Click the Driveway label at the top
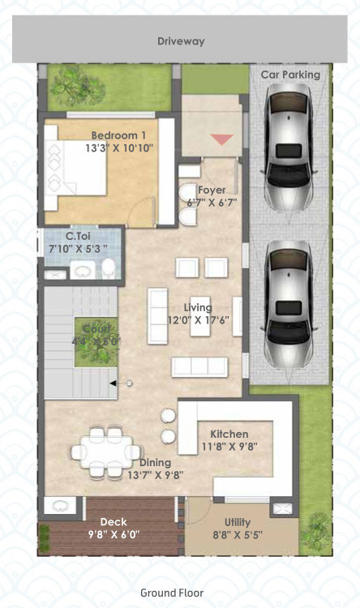click(180, 41)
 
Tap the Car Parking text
click(290, 75)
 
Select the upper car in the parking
click(289, 149)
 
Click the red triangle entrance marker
click(221, 139)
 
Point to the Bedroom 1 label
click(119, 135)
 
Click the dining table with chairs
click(104, 449)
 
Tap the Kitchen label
click(229, 435)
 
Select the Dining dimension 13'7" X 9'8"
click(155, 474)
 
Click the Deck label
click(113, 522)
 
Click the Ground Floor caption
click(172, 593)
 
